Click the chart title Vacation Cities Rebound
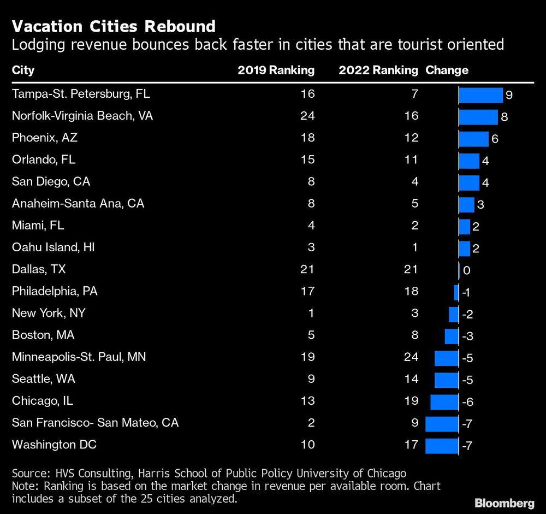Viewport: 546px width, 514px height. pyautogui.click(x=114, y=26)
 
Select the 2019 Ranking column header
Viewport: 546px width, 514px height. pyautogui.click(x=276, y=70)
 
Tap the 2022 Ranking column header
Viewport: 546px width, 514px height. pyautogui.click(x=378, y=70)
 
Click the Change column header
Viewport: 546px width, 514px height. pyautogui.click(x=447, y=70)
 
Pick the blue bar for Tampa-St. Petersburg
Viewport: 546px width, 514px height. pyautogui.click(x=480, y=95)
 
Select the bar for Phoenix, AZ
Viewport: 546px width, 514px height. pyautogui.click(x=473, y=139)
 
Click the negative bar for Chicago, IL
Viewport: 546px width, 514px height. pyautogui.click(x=444, y=401)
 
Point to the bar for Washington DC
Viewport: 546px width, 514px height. pyautogui.click(x=442, y=445)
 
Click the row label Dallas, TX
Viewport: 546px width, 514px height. pyautogui.click(x=38, y=269)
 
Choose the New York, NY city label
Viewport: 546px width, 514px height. pyautogui.click(x=49, y=314)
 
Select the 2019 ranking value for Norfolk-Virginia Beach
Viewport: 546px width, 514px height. pyautogui.click(x=307, y=116)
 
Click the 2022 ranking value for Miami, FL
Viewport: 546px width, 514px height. pyautogui.click(x=414, y=225)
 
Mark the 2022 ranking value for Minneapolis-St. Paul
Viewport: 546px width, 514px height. pyautogui.click(x=411, y=357)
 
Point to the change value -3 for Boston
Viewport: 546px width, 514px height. pyautogui.click(x=467, y=336)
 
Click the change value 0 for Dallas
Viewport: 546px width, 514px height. pyautogui.click(x=466, y=270)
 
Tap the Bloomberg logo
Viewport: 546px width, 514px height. pyautogui.click(x=505, y=502)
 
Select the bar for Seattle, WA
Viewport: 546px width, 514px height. pyautogui.click(x=447, y=380)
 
